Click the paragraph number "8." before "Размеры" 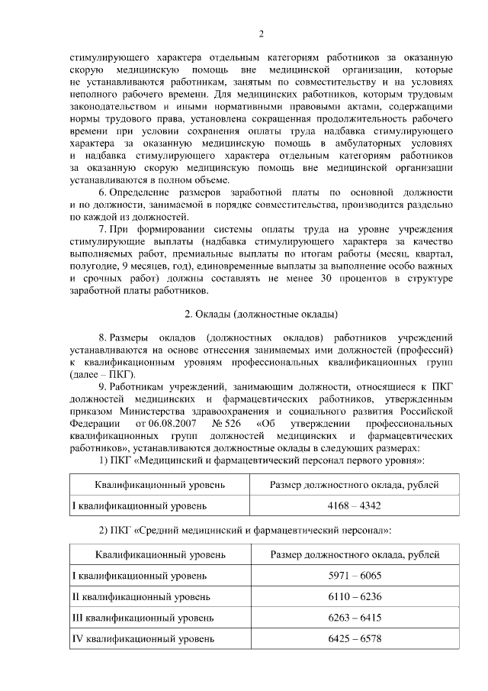click(103, 337)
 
